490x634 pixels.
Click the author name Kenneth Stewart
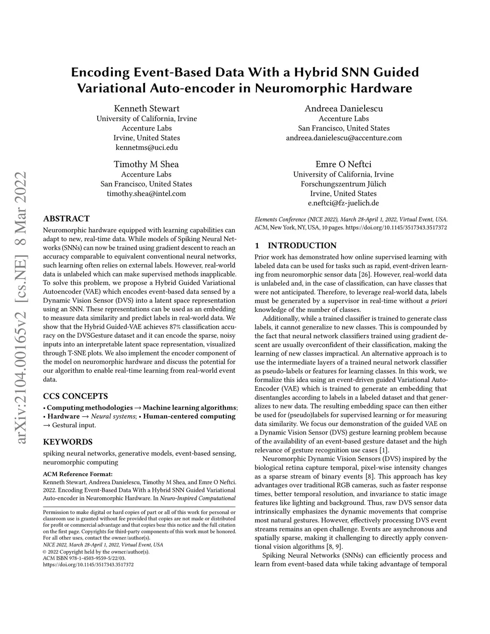[146, 108]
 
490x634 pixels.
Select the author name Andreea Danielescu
[344, 108]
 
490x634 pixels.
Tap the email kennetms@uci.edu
[146, 147]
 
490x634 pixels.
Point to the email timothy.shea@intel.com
[146, 193]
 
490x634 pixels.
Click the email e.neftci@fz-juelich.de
[343, 203]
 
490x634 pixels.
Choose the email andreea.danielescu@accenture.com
[344, 138]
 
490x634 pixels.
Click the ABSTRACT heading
[66, 219]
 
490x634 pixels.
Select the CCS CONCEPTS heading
[75, 396]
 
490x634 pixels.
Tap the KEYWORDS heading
[67, 442]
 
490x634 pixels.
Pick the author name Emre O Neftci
[343, 164]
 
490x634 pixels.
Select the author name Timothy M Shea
[146, 164]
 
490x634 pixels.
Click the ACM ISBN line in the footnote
[84, 558]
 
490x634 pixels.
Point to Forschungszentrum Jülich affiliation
[343, 184]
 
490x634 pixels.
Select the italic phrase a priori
[435, 301]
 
